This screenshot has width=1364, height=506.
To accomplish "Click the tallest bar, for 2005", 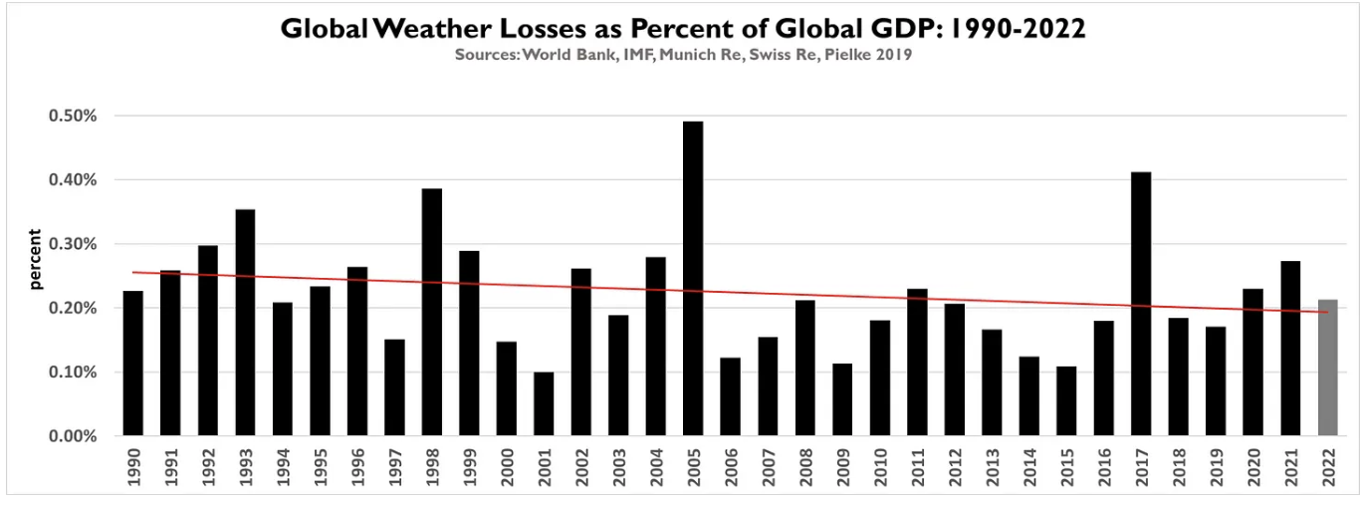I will point(693,279).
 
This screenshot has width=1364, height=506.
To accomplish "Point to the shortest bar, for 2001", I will point(544,404).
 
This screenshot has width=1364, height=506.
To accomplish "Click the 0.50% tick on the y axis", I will point(73,116).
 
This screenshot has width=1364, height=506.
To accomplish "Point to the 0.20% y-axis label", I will point(73,308).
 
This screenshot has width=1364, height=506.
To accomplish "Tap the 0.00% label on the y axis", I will point(73,436).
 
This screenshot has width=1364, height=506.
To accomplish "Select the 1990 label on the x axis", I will point(133,465).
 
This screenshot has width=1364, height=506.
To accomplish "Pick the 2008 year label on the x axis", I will point(805,465).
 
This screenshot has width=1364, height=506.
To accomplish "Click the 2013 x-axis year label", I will point(992,465).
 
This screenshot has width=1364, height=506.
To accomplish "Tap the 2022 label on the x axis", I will point(1328,465).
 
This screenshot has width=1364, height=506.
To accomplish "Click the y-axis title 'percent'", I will point(36,259).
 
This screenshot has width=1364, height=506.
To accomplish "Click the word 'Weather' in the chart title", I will point(423,29).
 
